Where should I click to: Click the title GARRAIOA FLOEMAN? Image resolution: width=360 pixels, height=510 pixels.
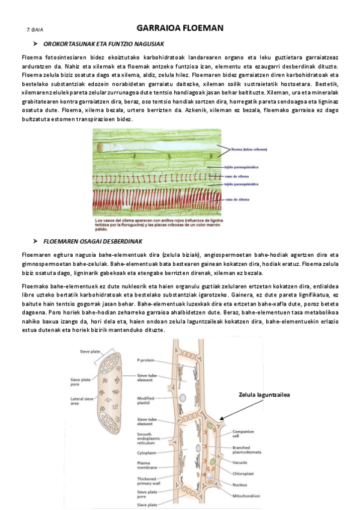click(180, 28)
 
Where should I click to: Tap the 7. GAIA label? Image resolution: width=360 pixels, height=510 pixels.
click(34, 29)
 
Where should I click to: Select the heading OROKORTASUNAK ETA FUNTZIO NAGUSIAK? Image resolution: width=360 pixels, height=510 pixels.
click(109, 45)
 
